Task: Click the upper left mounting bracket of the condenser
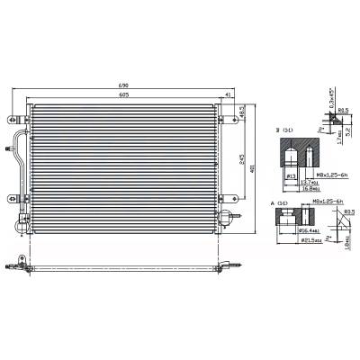tap(12, 118)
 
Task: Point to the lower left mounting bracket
tap(13, 201)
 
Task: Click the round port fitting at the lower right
tap(229, 214)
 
